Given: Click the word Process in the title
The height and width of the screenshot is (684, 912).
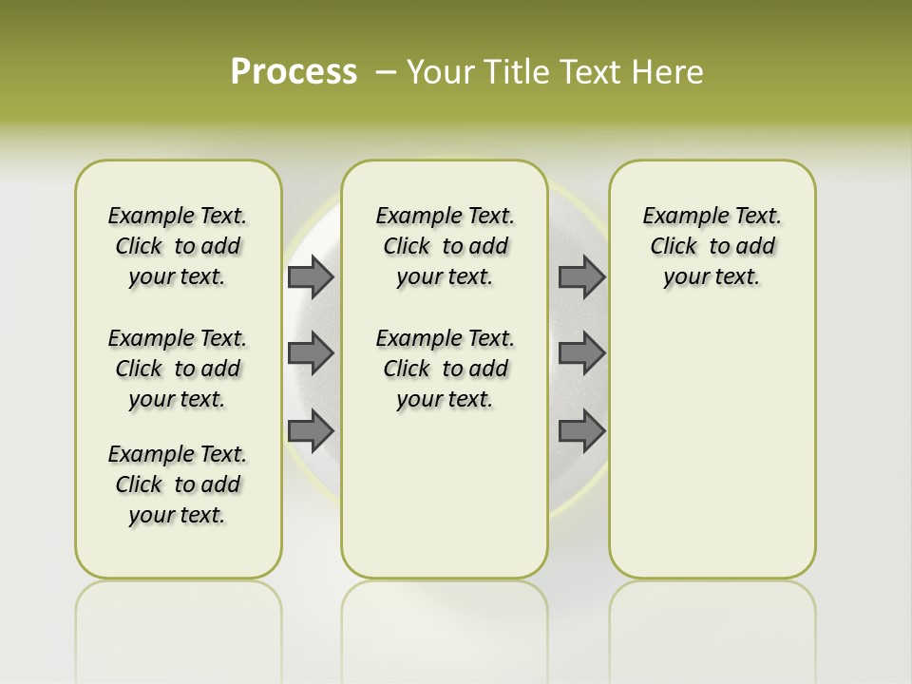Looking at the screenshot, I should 294,72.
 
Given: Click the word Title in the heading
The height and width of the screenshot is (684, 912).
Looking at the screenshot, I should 514,72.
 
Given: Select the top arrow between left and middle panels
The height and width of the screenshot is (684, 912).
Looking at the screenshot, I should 311,277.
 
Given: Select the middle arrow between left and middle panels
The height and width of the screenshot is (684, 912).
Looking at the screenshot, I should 311,353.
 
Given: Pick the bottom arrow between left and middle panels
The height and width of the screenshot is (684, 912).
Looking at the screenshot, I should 311,430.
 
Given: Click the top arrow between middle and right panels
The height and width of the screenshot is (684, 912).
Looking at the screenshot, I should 581,277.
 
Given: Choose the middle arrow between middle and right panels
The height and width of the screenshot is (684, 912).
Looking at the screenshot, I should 581,353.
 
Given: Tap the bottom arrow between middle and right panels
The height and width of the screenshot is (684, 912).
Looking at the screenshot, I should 581,430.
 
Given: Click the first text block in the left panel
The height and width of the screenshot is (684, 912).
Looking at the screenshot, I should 178,246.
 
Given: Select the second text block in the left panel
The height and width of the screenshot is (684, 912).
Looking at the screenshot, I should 178,369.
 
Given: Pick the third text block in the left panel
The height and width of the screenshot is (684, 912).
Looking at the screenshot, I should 178,484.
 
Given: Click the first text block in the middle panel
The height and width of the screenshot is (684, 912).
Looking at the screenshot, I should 445,246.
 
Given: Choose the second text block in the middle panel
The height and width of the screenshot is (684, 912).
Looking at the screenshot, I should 445,369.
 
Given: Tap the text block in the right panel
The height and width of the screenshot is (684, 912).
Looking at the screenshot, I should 712,246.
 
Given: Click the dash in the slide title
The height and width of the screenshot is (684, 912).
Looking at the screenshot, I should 386,72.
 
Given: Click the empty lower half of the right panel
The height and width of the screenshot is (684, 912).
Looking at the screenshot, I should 712,456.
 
